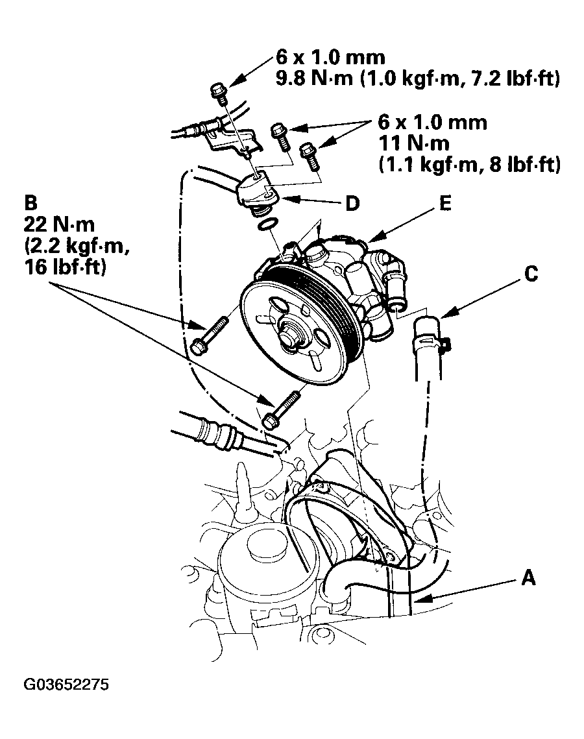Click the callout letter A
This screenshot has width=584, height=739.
[x=529, y=577]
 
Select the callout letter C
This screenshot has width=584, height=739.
[x=531, y=275]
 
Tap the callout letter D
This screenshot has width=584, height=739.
[x=352, y=204]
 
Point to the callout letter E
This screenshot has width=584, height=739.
[x=444, y=203]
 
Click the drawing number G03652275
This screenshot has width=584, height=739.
[x=67, y=685]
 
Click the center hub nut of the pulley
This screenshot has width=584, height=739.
[x=289, y=338]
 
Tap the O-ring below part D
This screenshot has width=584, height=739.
[x=266, y=225]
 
